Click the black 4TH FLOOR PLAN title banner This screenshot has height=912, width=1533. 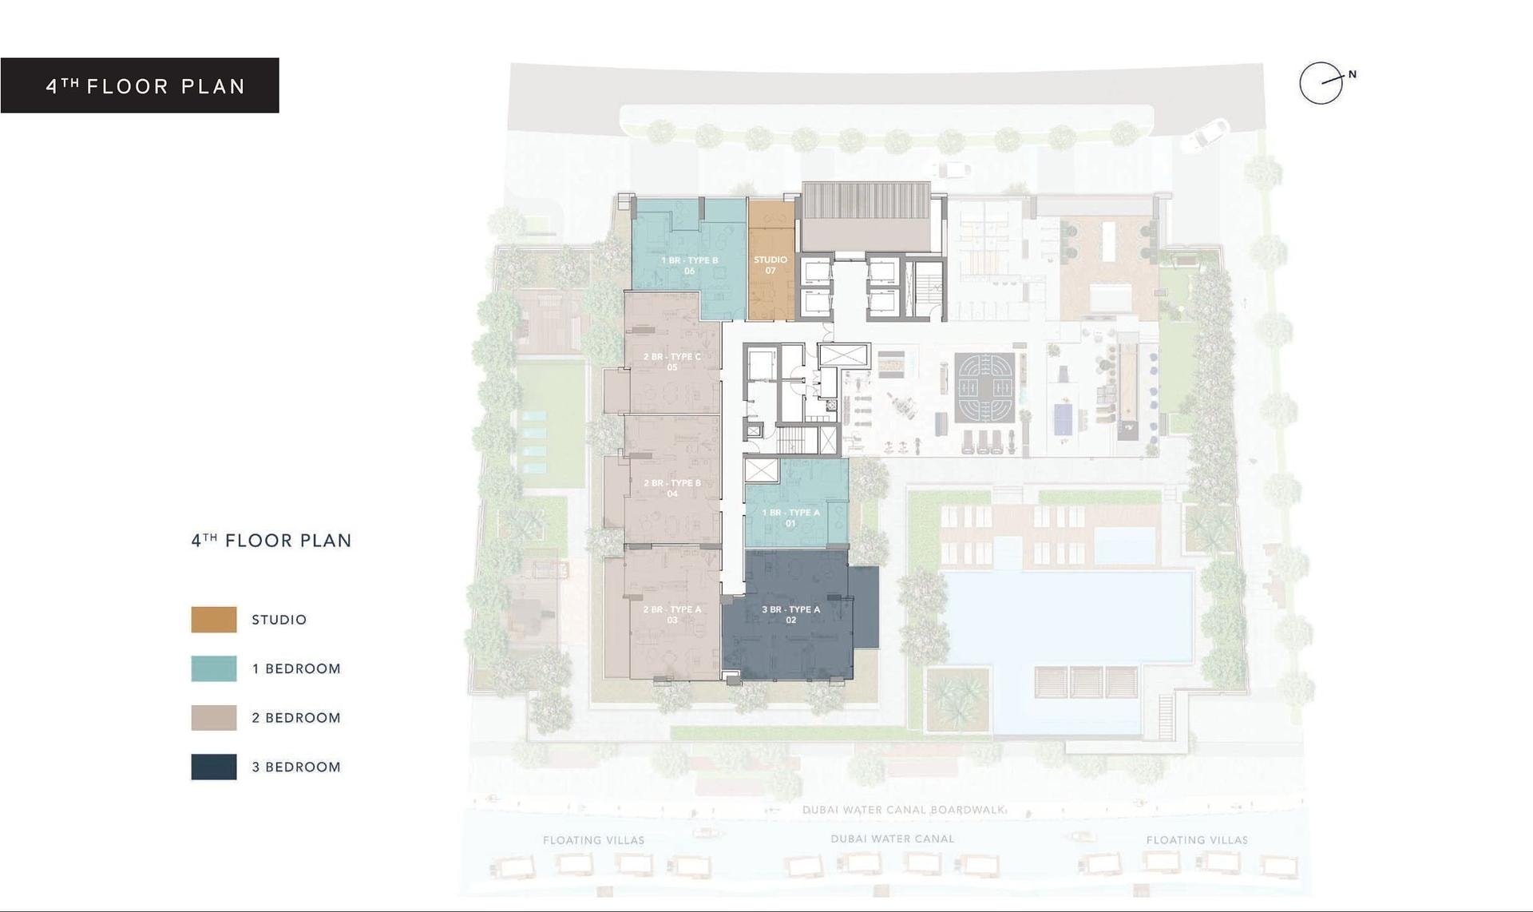tap(140, 85)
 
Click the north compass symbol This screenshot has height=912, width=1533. tap(1321, 82)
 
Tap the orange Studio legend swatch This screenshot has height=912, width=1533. tap(214, 620)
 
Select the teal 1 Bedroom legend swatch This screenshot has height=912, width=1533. tap(214, 668)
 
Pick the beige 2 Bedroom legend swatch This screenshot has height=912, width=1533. tap(214, 718)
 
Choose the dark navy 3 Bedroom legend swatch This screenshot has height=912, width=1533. tap(214, 767)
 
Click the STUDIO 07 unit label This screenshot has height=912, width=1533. tap(770, 265)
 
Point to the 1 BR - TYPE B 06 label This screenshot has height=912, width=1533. tap(689, 266)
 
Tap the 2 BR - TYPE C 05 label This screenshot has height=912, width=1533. tap(672, 362)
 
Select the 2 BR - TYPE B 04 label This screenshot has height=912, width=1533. tap(672, 488)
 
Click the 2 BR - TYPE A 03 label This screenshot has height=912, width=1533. tap(672, 614)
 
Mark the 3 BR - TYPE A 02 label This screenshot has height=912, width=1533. tap(790, 614)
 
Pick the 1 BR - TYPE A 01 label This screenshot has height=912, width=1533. tap(790, 517)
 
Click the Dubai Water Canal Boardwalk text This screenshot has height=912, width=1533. tap(903, 810)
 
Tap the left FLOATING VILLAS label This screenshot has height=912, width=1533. tap(593, 840)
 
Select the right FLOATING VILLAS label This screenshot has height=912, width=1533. tap(1197, 840)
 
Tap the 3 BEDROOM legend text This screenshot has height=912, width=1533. tap(296, 767)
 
